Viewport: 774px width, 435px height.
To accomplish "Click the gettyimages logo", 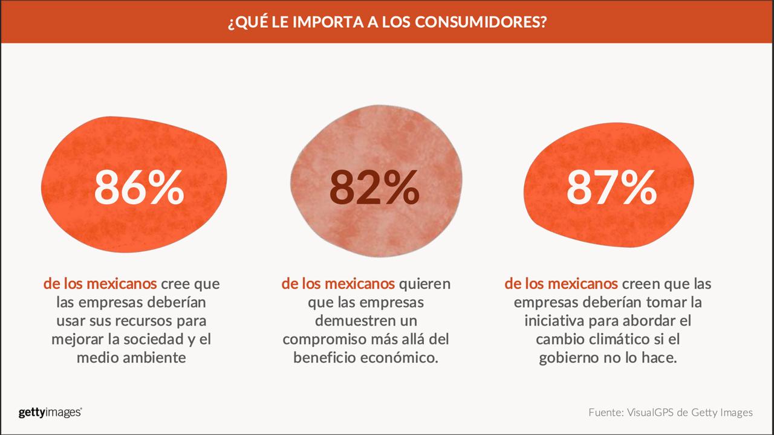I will pos(50,413).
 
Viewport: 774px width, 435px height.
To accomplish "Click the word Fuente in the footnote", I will pos(607,413).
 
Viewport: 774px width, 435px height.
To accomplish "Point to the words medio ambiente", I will pos(131,358).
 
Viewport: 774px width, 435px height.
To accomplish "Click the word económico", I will pos(402,358).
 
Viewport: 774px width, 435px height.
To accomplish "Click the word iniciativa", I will pos(570,320).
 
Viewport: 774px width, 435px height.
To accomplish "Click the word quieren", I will pos(426,283).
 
